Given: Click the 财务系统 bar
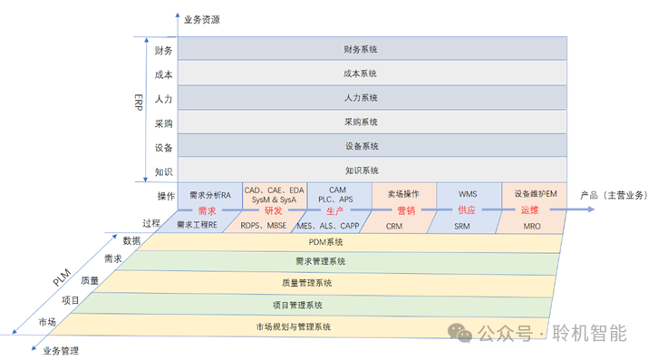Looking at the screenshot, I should [361, 49].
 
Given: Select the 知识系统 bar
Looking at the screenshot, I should [361, 170].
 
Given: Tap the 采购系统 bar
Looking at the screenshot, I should [361, 122].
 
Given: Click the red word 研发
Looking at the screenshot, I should [274, 210].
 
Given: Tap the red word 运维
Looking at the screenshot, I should [531, 210].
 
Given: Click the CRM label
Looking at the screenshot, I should [394, 226].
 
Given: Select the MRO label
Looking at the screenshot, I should [531, 226].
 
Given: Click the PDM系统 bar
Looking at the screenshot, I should [326, 242].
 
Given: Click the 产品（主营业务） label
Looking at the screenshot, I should [614, 195].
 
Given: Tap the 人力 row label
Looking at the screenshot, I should [163, 98].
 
